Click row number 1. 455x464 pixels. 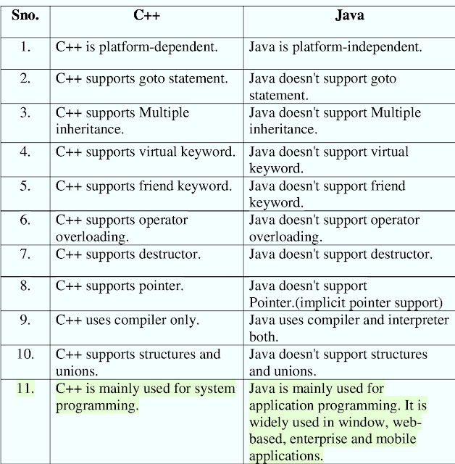(25, 47)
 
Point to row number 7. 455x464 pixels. (25, 254)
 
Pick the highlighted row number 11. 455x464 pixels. (25, 389)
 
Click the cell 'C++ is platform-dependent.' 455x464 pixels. (137, 47)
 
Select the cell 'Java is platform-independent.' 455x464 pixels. (335, 47)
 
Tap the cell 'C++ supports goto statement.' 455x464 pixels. (142, 78)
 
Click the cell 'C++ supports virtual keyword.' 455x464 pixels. (146, 152)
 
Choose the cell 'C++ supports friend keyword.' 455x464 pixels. (144, 186)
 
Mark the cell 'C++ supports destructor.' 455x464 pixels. (128, 254)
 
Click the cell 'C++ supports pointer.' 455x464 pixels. (120, 286)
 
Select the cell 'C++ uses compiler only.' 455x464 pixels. (128, 320)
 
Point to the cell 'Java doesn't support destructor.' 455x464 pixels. (341, 254)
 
